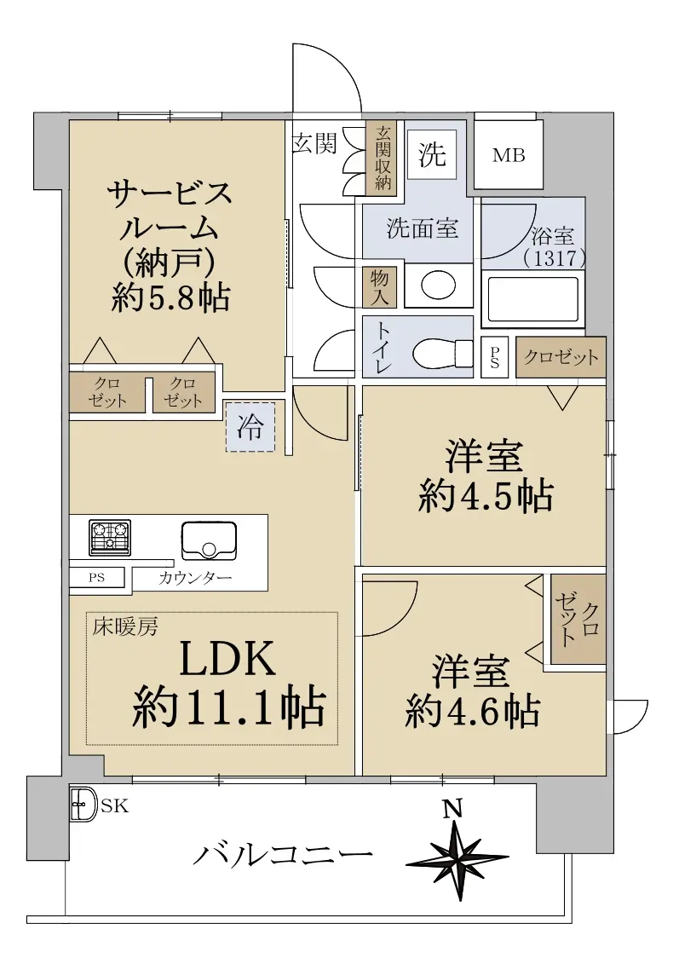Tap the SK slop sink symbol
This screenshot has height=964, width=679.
[83, 805]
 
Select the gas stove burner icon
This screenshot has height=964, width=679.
[110, 537]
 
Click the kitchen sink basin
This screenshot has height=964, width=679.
[209, 540]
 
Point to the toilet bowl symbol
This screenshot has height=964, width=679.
[441, 354]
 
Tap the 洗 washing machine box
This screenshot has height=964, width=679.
[432, 154]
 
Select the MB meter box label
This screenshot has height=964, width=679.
[509, 155]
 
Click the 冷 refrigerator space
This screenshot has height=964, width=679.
[250, 427]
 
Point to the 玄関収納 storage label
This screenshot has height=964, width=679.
[383, 158]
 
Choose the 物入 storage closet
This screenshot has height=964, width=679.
[379, 288]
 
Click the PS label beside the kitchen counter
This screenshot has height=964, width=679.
[96, 578]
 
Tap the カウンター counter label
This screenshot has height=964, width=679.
[195, 578]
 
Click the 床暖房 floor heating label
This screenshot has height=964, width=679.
[125, 626]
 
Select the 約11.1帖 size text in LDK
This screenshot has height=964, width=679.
[228, 707]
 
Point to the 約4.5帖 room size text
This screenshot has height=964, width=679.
[486, 496]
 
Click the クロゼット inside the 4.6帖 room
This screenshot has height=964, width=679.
[578, 619]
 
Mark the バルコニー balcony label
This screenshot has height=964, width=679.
[284, 855]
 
